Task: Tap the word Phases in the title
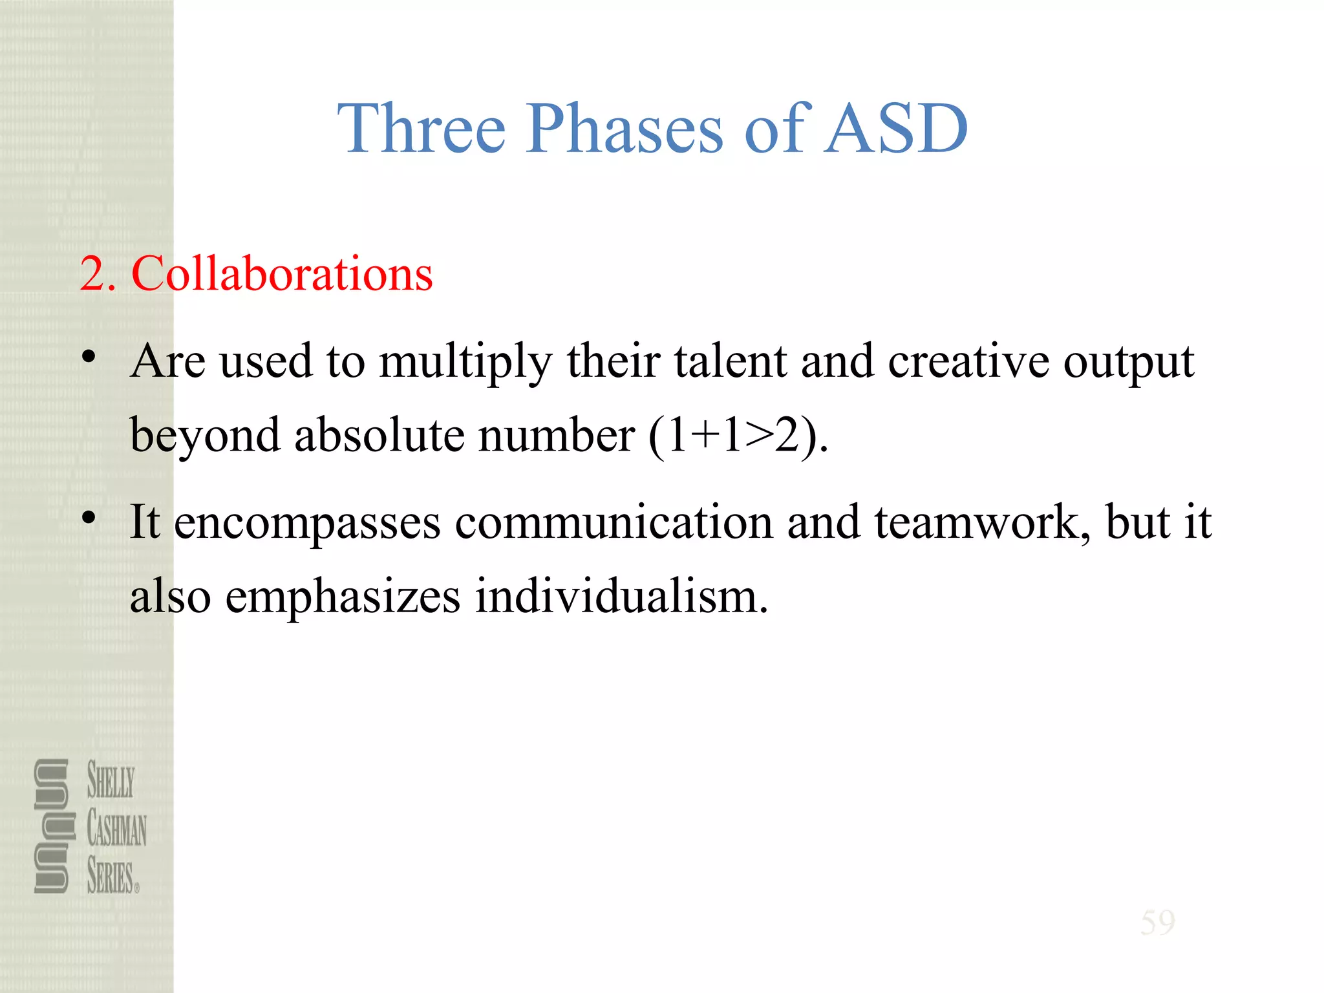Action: pyautogui.click(x=625, y=129)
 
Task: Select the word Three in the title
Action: pyautogui.click(x=422, y=129)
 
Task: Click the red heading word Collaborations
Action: pyautogui.click(x=282, y=274)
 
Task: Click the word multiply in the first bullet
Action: pyautogui.click(x=465, y=362)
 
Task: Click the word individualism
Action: pyautogui.click(x=621, y=596)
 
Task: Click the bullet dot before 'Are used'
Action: pyautogui.click(x=89, y=357)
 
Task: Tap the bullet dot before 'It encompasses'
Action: pyautogui.click(x=89, y=517)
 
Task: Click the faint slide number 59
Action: pyautogui.click(x=1157, y=923)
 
